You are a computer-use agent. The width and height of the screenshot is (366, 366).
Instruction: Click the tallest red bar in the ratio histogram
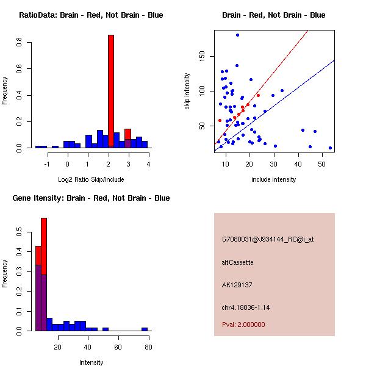(x=111, y=91)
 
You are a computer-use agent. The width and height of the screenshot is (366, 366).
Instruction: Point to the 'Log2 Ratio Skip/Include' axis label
(x=91, y=179)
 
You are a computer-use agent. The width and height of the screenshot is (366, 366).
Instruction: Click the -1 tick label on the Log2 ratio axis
(x=46, y=164)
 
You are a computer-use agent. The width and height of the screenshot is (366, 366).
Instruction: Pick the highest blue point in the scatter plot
(x=237, y=35)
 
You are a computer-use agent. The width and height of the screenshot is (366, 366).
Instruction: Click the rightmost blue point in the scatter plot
(x=330, y=148)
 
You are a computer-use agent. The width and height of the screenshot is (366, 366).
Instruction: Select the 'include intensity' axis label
(x=274, y=179)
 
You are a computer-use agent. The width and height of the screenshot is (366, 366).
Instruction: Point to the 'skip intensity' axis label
(x=187, y=91)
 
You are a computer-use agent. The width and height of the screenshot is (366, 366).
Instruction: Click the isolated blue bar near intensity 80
(x=145, y=329)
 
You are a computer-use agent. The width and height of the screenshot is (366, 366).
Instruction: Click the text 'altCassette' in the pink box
(x=237, y=262)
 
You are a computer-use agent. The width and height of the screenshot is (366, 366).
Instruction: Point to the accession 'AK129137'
(x=237, y=284)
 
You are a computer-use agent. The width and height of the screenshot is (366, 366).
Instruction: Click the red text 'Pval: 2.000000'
(x=243, y=325)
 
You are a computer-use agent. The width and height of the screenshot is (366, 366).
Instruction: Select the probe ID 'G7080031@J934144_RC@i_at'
(x=267, y=240)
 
